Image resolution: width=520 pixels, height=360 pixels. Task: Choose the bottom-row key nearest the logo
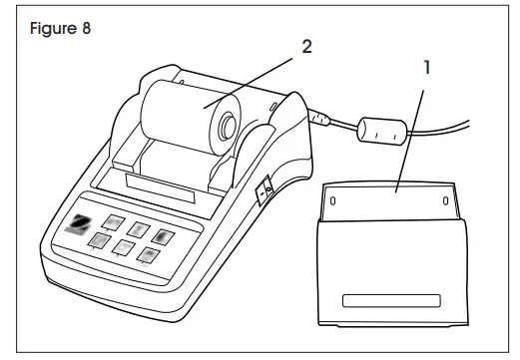[101, 239]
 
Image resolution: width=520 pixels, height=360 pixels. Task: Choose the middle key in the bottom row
[124, 246]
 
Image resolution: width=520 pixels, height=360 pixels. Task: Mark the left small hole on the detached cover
[332, 199]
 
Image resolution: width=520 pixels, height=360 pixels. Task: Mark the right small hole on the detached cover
[444, 199]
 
